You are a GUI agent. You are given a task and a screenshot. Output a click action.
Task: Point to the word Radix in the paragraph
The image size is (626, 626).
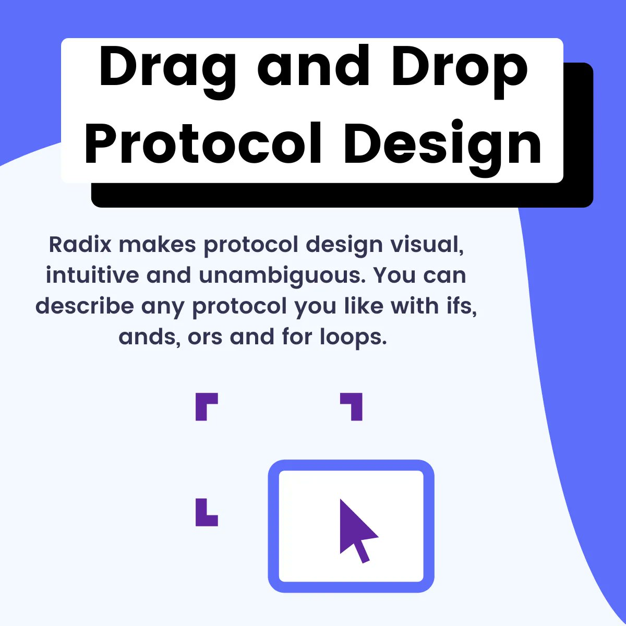(80, 244)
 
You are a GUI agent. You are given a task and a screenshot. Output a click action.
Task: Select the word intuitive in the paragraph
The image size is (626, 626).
(92, 275)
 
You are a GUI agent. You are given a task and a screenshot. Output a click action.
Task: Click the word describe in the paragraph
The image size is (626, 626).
(85, 306)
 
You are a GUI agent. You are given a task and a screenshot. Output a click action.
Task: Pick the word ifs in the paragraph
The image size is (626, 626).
(462, 306)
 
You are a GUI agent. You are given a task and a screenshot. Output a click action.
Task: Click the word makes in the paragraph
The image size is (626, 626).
(158, 244)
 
